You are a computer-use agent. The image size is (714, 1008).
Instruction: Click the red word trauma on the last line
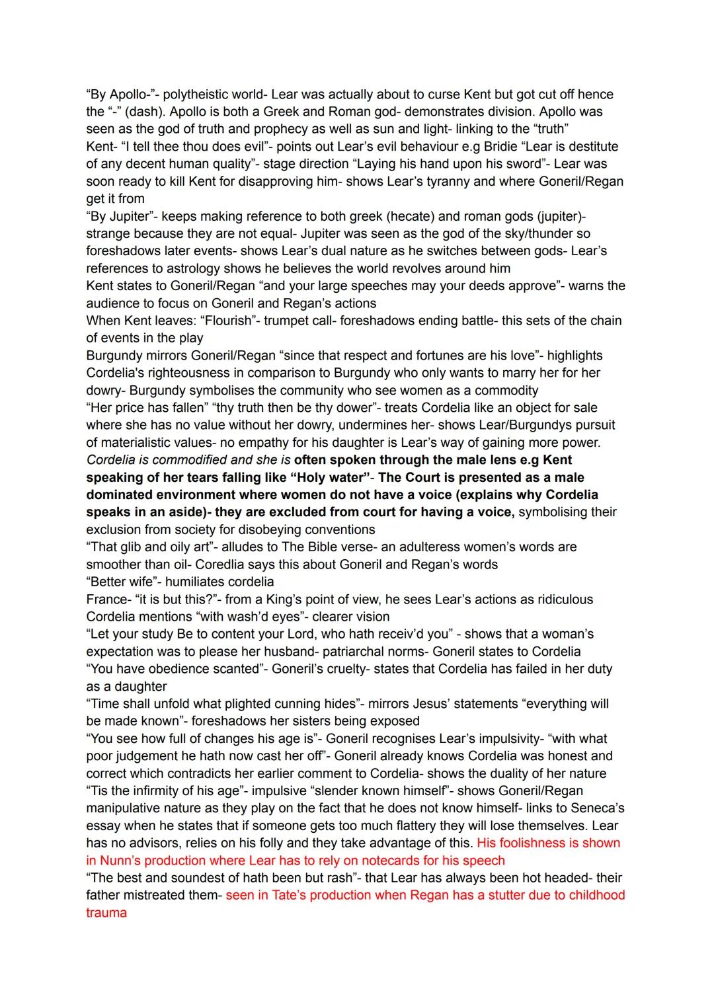106,913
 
